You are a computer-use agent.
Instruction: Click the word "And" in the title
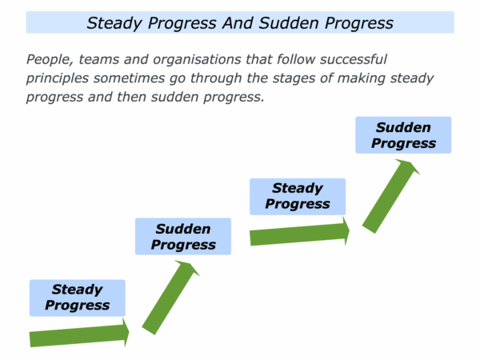pos(238,23)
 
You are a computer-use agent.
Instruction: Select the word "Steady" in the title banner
pos(114,23)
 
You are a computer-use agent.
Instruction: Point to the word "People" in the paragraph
pos(50,59)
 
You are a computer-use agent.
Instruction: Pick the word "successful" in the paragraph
pos(354,59)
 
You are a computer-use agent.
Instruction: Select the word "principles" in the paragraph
pos(58,78)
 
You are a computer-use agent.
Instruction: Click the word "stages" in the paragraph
pos(294,78)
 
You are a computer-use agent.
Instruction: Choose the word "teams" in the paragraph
pos(99,59)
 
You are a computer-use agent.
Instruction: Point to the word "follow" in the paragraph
pos(296,59)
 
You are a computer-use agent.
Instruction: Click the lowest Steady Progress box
pos(78,298)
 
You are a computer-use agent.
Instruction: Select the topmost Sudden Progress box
pos(403,135)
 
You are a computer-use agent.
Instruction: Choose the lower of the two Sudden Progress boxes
pos(183,236)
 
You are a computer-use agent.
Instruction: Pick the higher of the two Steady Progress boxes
pos(298,197)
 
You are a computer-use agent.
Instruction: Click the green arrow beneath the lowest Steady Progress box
pos(79,333)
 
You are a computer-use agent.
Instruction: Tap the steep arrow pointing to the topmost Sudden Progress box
pos(391,196)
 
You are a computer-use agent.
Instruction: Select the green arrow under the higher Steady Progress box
pos(300,232)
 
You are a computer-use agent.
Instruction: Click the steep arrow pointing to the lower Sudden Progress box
pos(171,298)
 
